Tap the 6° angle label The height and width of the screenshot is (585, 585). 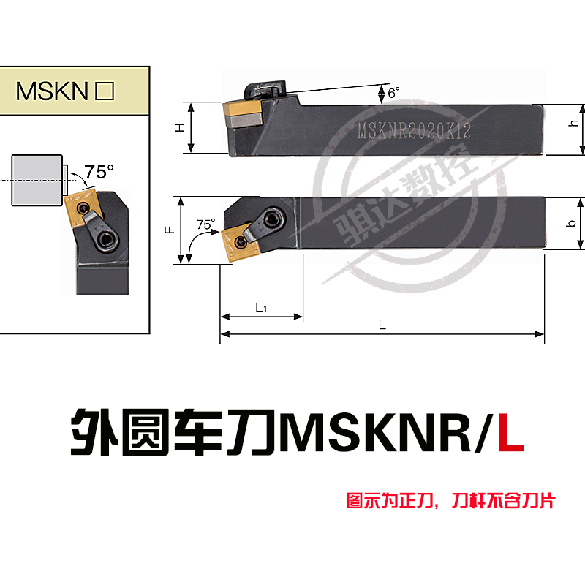pos(394,93)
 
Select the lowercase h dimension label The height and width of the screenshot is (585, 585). pos(573,124)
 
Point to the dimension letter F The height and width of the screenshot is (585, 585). pos(167,229)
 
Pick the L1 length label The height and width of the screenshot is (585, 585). pos(260,308)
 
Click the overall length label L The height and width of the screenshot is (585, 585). pos(382,326)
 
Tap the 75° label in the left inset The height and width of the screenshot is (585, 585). pos(99,172)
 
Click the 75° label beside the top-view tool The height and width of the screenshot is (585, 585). pos(207,224)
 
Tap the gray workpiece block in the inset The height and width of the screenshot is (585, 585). pos(36,181)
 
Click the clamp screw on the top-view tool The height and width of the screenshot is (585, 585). pos(273,217)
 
